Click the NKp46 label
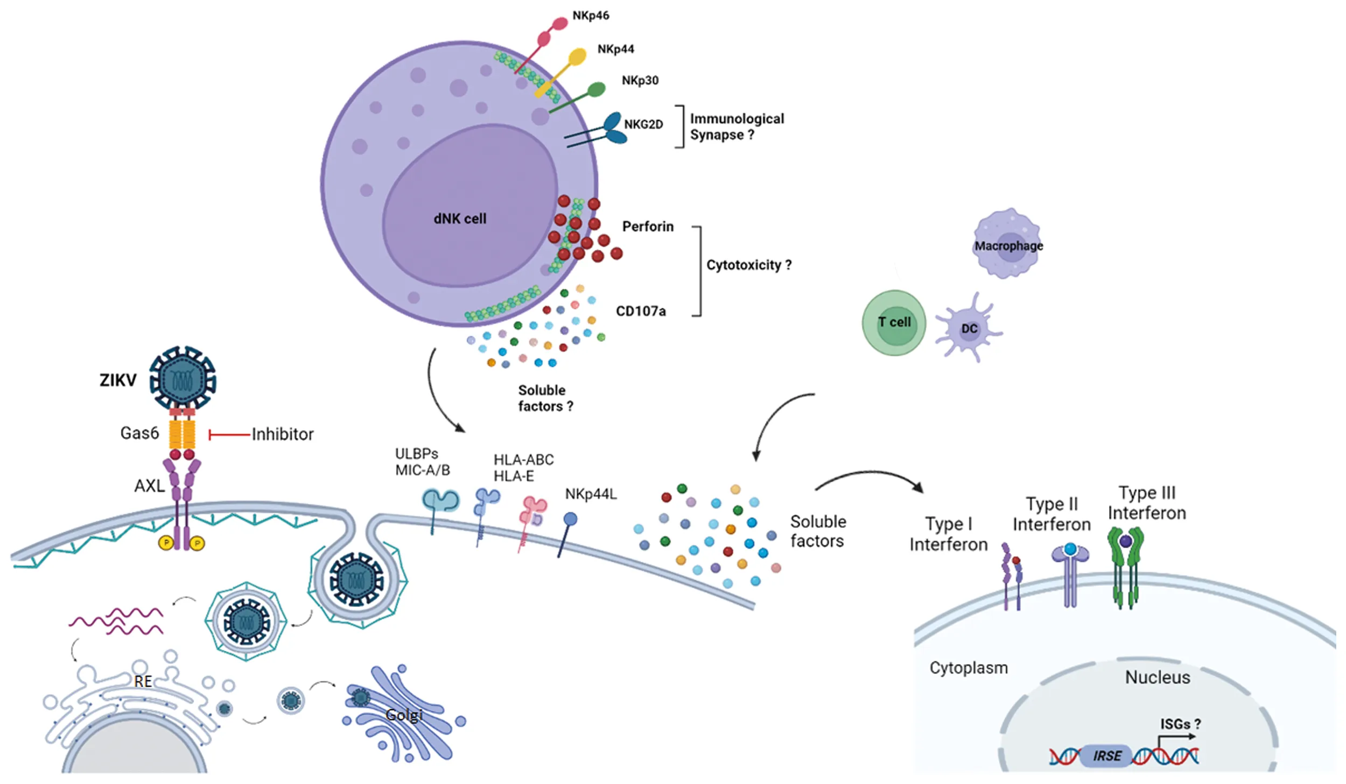coord(591,16)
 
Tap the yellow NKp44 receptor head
coord(577,56)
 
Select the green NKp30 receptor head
coord(595,89)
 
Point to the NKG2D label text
coord(643,124)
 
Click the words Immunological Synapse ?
coord(737,126)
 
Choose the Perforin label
coord(648,227)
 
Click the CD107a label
coord(641,311)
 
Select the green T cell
coord(894,322)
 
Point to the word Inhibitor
coord(283,434)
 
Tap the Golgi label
coord(404,715)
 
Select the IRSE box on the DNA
coord(1106,755)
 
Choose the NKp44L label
coord(591,494)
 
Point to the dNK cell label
coord(460,219)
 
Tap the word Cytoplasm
coord(968,668)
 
